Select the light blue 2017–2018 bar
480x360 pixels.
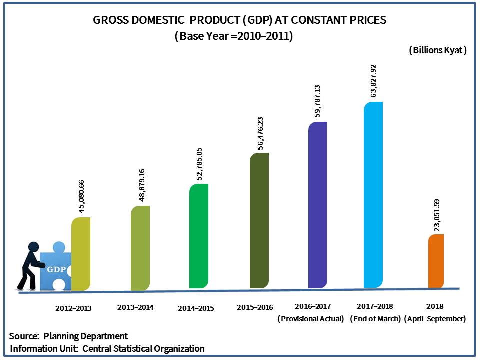[373, 195]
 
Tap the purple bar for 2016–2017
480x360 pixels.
[317, 205]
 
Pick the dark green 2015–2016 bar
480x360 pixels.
[259, 220]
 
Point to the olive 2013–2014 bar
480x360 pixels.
[140, 248]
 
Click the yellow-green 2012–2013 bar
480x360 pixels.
[81, 253]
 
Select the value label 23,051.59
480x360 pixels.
[437, 215]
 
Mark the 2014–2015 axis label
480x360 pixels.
[196, 308]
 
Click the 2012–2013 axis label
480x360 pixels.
[73, 308]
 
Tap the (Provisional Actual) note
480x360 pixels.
[311, 319]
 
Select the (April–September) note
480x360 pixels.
[435, 319]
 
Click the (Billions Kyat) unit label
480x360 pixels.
[438, 50]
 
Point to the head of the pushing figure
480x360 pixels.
[34, 247]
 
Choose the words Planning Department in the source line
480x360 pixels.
[86, 336]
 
